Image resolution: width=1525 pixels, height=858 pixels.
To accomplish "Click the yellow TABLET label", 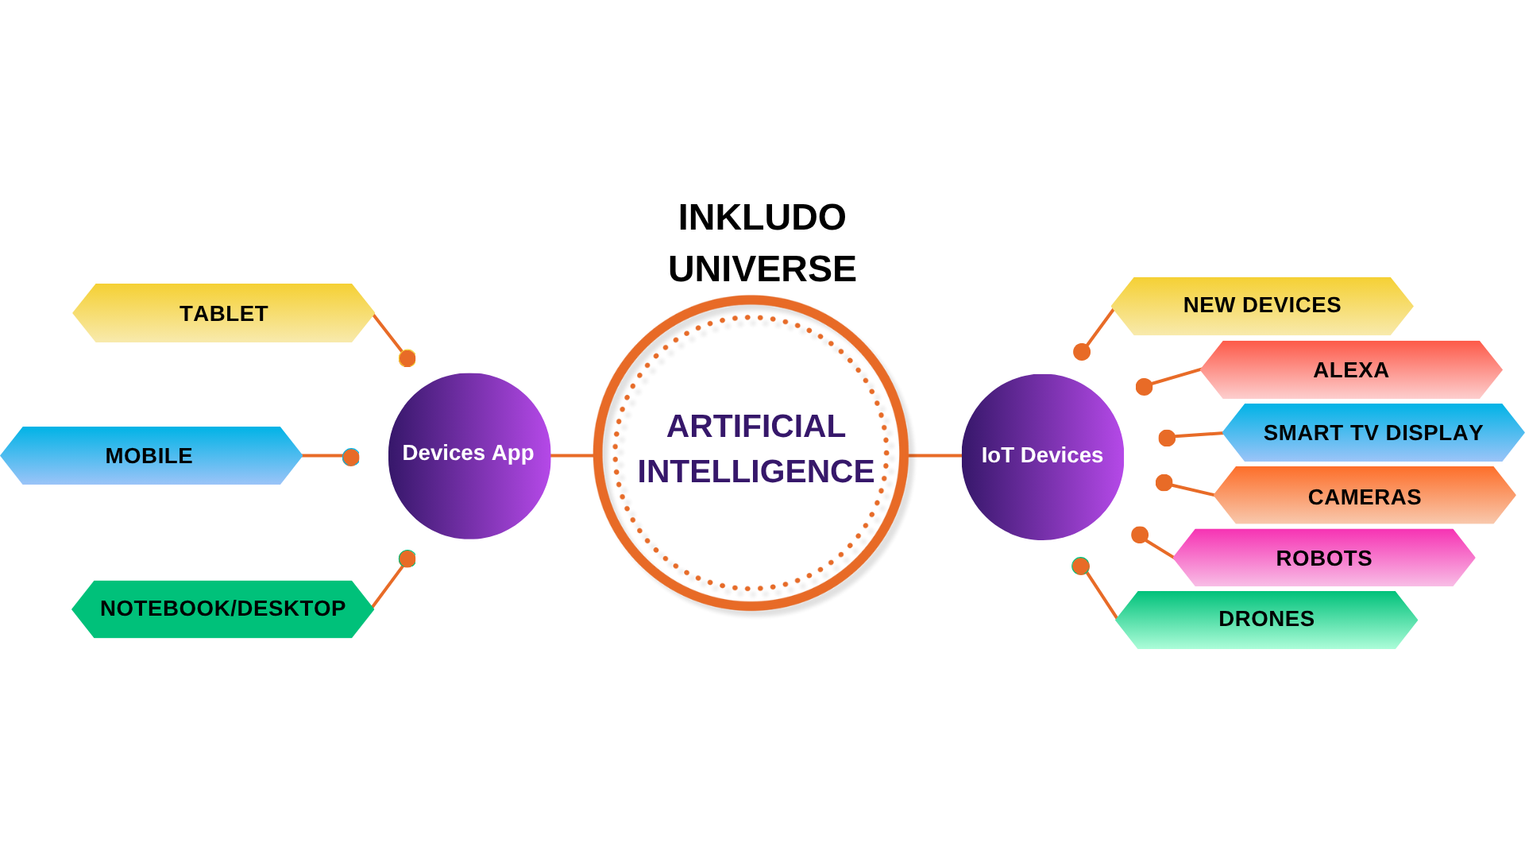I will point(223,314).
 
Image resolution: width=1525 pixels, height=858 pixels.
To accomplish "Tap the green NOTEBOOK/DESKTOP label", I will point(222,609).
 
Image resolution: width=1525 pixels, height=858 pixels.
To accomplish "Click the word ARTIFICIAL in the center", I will point(755,427).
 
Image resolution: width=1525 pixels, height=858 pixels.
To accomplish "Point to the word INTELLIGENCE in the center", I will point(755,472).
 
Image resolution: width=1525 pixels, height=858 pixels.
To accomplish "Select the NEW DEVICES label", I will point(1261,306).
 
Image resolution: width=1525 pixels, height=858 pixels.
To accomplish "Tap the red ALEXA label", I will point(1350,370).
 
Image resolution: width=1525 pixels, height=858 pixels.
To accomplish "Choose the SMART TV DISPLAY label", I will point(1372,433).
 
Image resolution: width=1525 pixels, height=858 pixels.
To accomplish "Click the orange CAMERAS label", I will point(1364,497).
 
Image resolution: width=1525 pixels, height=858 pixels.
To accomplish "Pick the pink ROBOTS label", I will point(1323,558).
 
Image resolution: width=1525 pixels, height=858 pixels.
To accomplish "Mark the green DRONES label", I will point(1266,620).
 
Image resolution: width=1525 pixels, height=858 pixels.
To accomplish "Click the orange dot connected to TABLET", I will point(407,358).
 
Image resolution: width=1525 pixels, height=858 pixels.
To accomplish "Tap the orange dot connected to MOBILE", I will point(351,457).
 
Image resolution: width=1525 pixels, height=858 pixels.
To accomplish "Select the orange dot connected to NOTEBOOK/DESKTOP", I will point(407,559).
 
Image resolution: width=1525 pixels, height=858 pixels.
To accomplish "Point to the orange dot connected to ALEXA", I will point(1144,387).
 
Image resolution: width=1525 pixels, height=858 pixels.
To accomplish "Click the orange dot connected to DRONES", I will point(1081,566).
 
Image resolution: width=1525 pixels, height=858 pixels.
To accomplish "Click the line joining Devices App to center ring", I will point(572,456).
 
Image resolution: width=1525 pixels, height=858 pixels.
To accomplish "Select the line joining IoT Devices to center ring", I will point(935,456).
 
